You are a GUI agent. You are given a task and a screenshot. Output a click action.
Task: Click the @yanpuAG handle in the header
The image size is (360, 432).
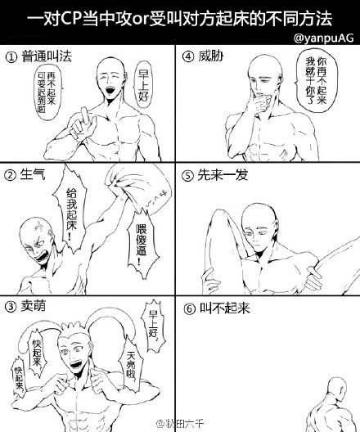[x=324, y=38]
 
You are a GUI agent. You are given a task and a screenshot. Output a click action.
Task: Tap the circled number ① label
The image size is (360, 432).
[x=11, y=57]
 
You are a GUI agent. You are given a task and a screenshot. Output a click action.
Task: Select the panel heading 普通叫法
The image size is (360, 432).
[x=47, y=56]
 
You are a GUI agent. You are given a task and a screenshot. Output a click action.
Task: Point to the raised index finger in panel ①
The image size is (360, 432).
[x=84, y=115]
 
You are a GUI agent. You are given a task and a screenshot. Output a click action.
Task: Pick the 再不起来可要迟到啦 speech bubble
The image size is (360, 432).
[x=47, y=92]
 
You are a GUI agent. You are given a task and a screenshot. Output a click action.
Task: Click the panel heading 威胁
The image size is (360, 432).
[x=211, y=56]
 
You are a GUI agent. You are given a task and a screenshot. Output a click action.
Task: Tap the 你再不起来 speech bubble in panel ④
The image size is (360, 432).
[x=316, y=81]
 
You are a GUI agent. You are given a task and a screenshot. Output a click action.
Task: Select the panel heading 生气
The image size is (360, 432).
[x=33, y=174]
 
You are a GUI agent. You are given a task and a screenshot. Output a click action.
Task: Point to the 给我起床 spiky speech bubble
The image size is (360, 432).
[x=71, y=209]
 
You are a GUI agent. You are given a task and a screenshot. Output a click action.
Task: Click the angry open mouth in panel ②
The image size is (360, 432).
[x=43, y=258]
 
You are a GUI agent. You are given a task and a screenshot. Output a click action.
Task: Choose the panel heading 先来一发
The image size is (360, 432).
[x=223, y=174]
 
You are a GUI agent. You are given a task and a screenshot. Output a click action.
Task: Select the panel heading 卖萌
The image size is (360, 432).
[x=33, y=306]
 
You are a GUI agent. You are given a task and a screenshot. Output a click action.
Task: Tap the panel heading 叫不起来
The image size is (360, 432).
[x=225, y=308]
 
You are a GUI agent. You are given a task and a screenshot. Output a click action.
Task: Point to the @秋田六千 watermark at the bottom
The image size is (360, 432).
[x=180, y=423]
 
